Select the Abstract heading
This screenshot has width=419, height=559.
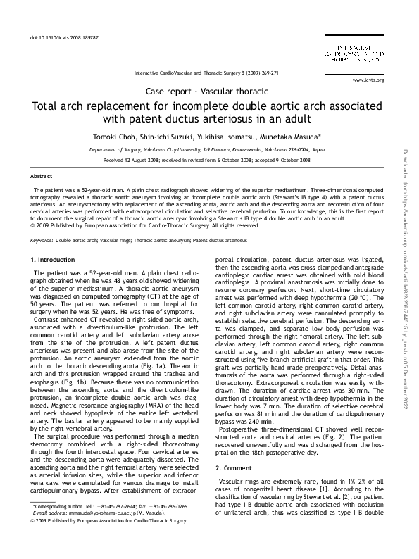click(42, 175)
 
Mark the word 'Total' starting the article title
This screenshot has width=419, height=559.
click(48, 107)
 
